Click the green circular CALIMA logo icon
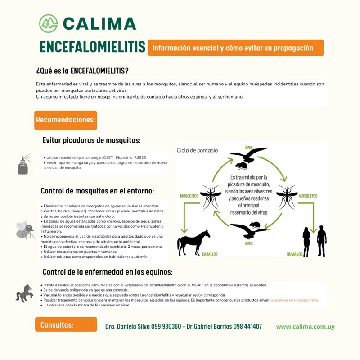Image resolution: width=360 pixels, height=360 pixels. pos(49,23)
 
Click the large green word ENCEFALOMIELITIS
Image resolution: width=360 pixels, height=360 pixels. pos(92,47)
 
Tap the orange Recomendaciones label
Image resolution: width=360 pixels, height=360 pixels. pos(65,120)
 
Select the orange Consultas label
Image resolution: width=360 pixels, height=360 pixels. pos(66,324)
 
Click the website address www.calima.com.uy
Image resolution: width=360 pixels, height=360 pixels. pos(305,327)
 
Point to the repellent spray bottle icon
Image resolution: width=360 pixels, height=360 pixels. pos(23,165)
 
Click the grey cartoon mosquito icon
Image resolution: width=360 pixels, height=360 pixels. pos(25,229)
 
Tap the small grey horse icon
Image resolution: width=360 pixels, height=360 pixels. pos(24,293)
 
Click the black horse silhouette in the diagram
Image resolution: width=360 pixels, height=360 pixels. pos(193,243)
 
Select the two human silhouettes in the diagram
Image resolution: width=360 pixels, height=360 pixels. pos(315,241)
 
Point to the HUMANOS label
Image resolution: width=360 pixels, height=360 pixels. pos(297,254)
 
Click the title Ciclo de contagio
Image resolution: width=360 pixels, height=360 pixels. pos(197,150)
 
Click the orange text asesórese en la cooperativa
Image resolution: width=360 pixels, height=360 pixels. pos(294,300)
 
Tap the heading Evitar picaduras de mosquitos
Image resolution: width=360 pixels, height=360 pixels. pos(91,140)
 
